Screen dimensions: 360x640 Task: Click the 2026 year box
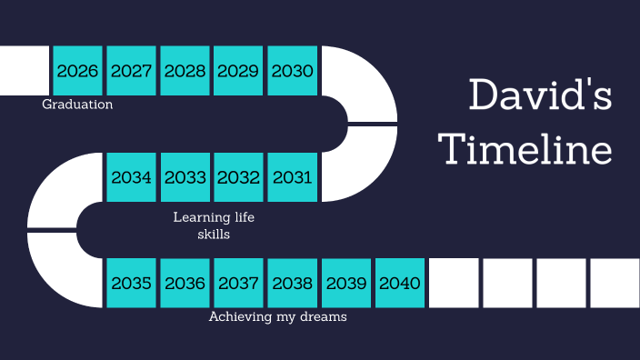(x=77, y=71)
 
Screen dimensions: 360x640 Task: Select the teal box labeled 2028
(x=185, y=71)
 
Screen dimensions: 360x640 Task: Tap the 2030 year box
(x=293, y=71)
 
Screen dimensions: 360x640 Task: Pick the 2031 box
(x=293, y=177)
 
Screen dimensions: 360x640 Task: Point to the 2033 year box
(x=185, y=177)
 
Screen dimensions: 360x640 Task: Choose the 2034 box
(x=131, y=177)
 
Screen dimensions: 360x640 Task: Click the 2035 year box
(x=131, y=283)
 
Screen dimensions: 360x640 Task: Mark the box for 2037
(x=238, y=283)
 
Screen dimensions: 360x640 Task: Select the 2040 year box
(x=400, y=283)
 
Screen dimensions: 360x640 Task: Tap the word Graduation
(x=77, y=105)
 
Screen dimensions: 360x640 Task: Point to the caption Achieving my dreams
(x=278, y=317)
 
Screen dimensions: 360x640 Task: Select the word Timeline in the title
(x=525, y=148)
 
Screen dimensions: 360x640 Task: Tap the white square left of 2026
(x=24, y=71)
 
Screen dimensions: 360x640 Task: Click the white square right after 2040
(x=454, y=283)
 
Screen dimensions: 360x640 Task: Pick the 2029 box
(x=238, y=71)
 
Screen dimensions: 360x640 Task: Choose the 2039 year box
(x=346, y=283)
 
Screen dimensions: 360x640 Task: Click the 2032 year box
(x=238, y=177)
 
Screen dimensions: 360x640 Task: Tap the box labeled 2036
(x=185, y=283)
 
